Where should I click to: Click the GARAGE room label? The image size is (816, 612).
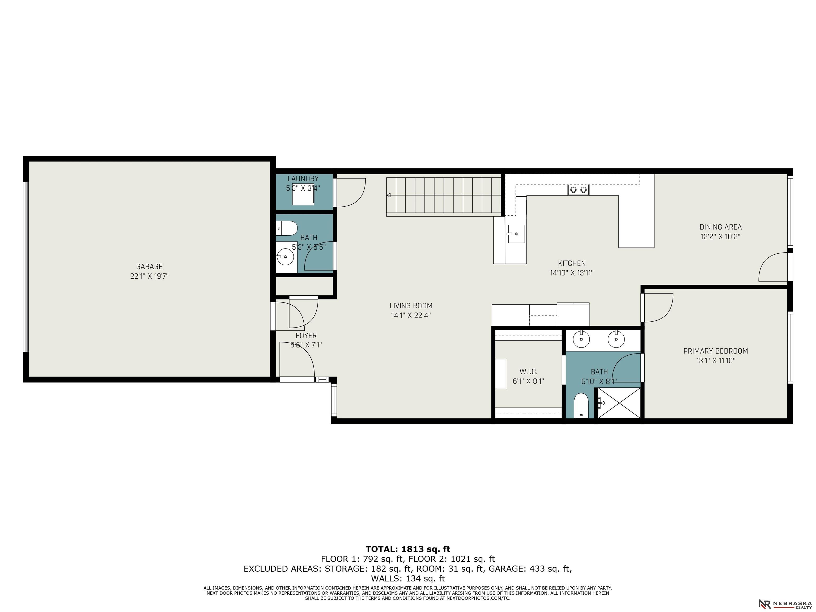point(149,266)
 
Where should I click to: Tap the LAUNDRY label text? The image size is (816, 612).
point(303,178)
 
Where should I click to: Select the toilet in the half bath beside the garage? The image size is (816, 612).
point(287,228)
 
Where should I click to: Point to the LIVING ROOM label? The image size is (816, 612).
point(411,305)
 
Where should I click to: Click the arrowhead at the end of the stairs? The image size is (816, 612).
point(388,195)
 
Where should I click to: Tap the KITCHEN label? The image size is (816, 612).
point(572,263)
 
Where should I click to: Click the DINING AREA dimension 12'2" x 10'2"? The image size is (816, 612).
point(720,236)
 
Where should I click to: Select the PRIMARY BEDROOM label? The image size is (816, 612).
point(716,351)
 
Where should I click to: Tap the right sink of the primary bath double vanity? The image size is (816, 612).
point(616,339)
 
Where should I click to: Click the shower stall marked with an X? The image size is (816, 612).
point(619,403)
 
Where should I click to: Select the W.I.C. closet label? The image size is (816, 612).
point(528,372)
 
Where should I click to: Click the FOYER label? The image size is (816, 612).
point(306,335)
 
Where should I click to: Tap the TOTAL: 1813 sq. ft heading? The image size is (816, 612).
point(408,549)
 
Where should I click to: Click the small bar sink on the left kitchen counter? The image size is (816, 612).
point(516,234)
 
